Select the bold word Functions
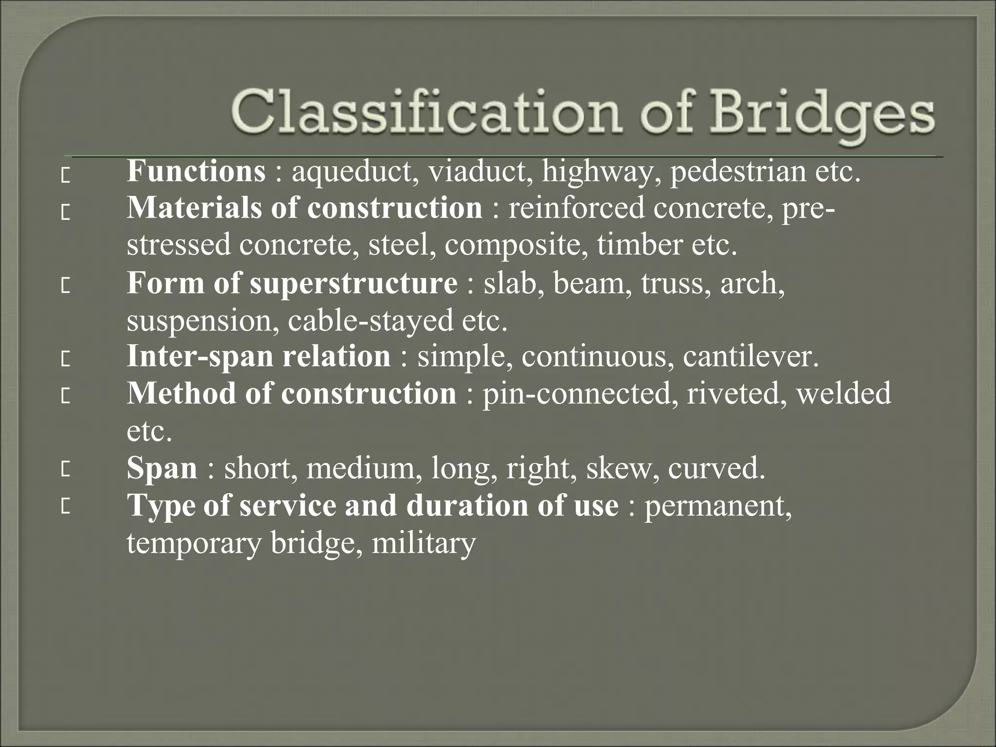click(196, 171)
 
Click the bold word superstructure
click(354, 284)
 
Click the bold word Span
click(162, 469)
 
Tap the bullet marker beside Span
click(65, 471)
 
